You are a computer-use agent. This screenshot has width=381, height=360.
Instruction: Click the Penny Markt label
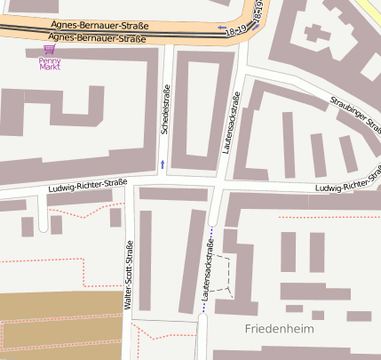[x=49, y=63]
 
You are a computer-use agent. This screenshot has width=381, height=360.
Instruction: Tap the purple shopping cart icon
[x=49, y=51]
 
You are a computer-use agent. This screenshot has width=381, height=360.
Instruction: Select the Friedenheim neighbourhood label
[x=280, y=329]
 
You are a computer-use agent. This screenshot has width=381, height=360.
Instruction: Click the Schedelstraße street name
[x=165, y=110]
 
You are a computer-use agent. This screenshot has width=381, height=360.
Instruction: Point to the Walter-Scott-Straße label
[x=130, y=275]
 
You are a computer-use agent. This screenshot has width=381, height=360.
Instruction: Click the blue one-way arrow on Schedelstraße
[x=162, y=164]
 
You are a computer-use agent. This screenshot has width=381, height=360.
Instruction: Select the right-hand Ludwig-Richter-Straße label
[x=352, y=188]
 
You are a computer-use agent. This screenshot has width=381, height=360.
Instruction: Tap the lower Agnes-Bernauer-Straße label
[x=96, y=38]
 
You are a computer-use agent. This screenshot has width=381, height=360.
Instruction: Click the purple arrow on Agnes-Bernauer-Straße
[x=221, y=28]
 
